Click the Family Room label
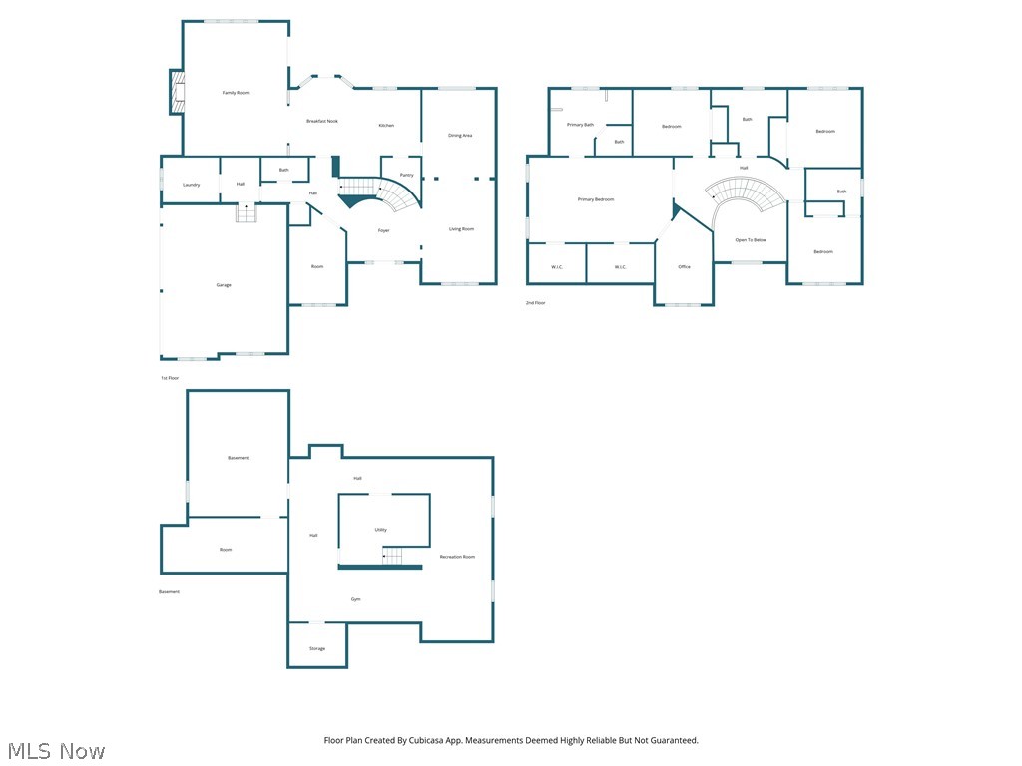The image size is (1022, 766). tap(236, 93)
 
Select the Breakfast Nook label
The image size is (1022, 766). tap(321, 121)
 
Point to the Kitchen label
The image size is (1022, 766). tap(386, 126)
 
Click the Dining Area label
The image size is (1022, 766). tap(460, 135)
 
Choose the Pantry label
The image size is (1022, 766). tap(406, 175)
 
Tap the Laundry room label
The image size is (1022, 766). tap(191, 185)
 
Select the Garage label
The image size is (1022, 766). tap(224, 285)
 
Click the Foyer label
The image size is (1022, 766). tap(383, 231)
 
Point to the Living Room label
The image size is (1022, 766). tap(461, 229)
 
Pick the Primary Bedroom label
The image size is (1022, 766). tap(596, 199)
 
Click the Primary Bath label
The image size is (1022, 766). tap(580, 125)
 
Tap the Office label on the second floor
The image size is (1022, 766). tap(684, 267)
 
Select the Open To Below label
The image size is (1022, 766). tap(751, 240)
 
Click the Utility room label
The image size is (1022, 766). tap(381, 530)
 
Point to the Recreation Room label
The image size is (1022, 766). tap(457, 557)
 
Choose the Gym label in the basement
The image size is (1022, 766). tap(355, 599)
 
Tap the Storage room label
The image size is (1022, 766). tap(316, 649)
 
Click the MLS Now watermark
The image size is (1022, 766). tap(56, 750)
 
